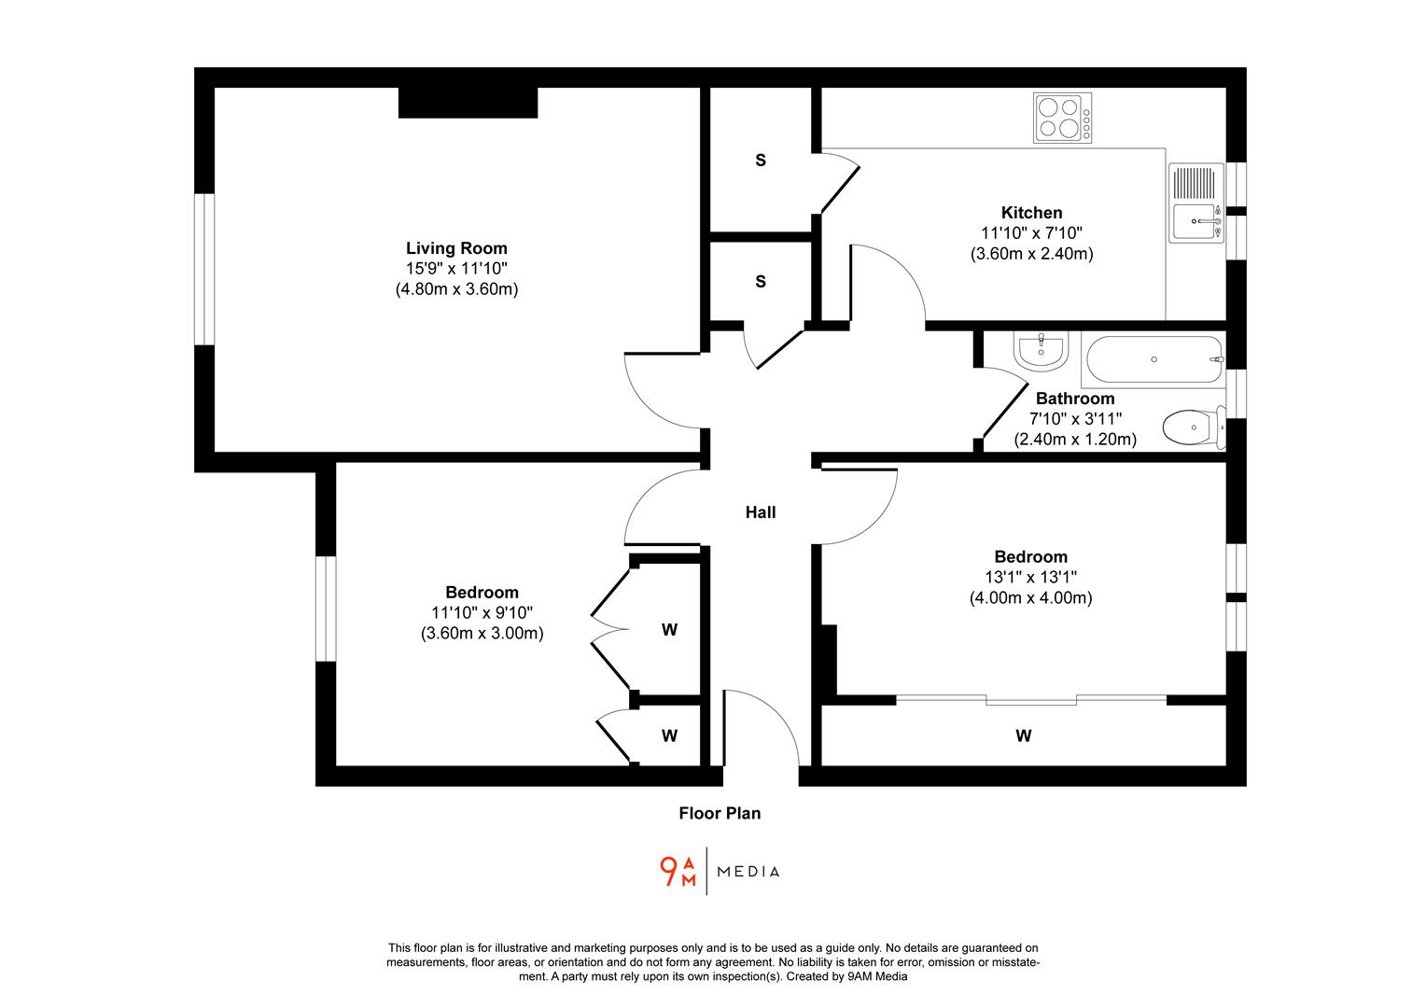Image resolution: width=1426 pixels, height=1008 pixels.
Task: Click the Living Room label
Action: tap(456, 248)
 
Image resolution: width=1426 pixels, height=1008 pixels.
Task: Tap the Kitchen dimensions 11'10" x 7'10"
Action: tap(1031, 233)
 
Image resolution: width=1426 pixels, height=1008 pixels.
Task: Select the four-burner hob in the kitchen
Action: tap(1062, 118)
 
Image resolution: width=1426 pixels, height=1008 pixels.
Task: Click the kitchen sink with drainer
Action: tap(1195, 203)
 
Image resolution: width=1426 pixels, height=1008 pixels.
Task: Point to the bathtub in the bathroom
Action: tap(1153, 359)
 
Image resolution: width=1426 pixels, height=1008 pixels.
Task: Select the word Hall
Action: tap(760, 512)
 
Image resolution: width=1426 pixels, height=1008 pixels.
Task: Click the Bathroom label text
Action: tap(1075, 399)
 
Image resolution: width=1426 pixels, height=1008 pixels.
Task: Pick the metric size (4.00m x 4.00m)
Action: tap(1030, 598)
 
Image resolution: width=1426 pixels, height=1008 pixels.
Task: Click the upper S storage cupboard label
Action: tap(760, 161)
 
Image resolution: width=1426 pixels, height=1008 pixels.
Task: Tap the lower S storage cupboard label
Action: tap(760, 282)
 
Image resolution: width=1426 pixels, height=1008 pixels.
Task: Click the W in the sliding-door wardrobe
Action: tap(1023, 736)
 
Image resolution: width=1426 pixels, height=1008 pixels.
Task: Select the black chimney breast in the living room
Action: tap(468, 103)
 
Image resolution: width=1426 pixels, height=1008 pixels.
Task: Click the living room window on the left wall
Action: tap(204, 270)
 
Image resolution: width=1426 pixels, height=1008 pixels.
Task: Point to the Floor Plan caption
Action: tap(720, 813)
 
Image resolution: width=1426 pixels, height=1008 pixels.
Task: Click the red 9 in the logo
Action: tap(668, 871)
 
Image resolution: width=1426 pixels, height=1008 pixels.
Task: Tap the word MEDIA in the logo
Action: tap(748, 872)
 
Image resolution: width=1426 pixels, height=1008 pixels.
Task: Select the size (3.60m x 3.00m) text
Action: tap(482, 634)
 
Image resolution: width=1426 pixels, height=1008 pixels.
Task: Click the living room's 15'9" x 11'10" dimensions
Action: tap(456, 269)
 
